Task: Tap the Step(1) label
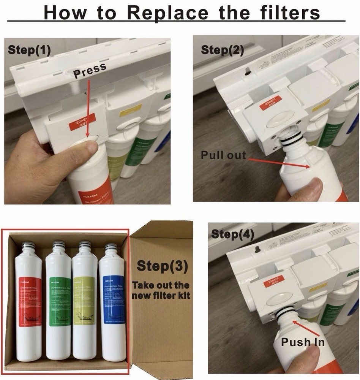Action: click(29, 50)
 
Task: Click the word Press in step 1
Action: click(90, 71)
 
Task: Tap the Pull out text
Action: click(223, 155)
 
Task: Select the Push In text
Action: click(303, 342)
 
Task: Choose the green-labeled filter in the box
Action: click(58, 302)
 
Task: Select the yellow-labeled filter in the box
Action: click(84, 302)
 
